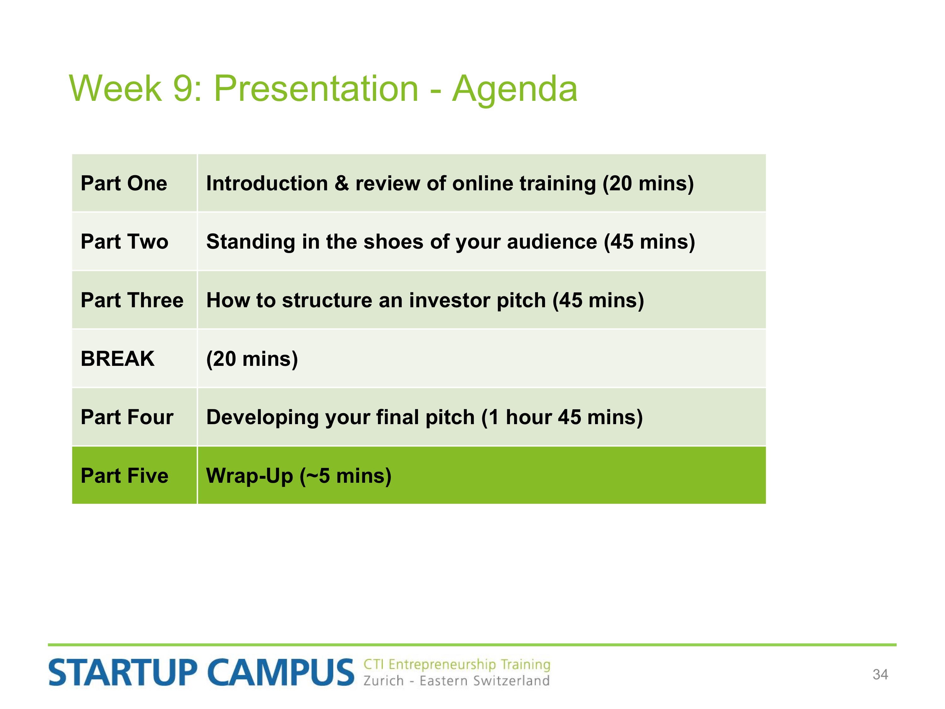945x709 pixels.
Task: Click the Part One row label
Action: (x=124, y=183)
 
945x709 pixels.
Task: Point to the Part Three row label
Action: (x=132, y=300)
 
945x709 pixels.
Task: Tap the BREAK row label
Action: (x=117, y=359)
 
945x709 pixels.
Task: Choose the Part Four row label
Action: (x=127, y=417)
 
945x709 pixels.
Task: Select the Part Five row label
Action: (x=124, y=476)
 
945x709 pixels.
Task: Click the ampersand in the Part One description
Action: (x=341, y=183)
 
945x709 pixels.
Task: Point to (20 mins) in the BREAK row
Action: (x=252, y=359)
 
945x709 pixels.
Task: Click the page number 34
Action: (x=880, y=674)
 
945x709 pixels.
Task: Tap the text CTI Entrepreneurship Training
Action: (x=457, y=665)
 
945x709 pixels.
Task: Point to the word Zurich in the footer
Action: (x=383, y=681)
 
